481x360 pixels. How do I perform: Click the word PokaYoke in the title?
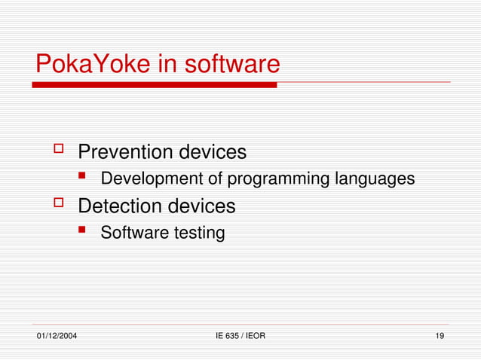tap(91, 64)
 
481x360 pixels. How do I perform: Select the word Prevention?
tap(125, 152)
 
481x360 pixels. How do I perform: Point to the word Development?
tap(152, 179)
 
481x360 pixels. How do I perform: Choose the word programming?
tap(278, 179)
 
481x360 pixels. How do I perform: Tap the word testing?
tap(200, 233)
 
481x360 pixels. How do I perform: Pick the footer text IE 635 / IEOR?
tap(240, 335)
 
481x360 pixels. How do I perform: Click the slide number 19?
tap(439, 335)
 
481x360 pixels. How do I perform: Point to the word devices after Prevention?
tap(212, 152)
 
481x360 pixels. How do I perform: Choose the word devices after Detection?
tap(201, 206)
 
